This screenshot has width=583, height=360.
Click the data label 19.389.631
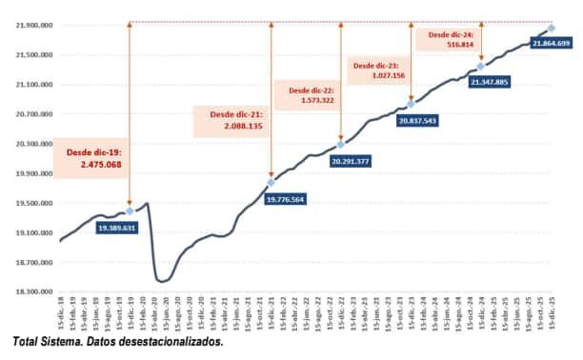pos(116,229)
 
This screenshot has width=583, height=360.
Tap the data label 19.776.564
pos(286,199)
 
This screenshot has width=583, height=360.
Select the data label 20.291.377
pos(354,162)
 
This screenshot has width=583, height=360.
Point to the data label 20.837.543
pos(417,121)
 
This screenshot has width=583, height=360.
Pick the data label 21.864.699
pos(552,44)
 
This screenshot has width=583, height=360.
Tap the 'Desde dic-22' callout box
pos(305,93)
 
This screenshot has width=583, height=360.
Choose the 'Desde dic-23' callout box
pos(378,70)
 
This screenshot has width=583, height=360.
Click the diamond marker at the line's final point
pos(552,29)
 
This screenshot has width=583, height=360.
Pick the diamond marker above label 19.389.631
pos(130,210)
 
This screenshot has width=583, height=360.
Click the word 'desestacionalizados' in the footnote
pos(175,341)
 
